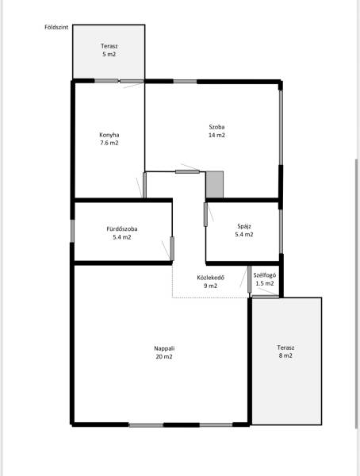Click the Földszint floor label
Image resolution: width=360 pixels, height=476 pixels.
tap(56, 27)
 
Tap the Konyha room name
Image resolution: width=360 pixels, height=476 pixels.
tap(109, 135)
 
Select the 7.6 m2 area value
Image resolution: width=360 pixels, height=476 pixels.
tap(109, 143)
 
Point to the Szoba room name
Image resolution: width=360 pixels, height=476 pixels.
tap(216, 127)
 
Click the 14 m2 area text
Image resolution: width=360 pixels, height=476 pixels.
tap(216, 135)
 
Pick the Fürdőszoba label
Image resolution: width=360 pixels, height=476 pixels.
tap(122, 229)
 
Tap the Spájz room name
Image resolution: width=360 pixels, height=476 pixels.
tap(244, 226)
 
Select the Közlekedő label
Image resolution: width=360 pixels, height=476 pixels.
tap(211, 278)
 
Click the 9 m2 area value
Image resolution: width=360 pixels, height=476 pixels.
tap(211, 286)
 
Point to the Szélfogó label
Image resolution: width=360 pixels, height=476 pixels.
tap(265, 275)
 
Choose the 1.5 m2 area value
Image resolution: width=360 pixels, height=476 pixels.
tap(265, 283)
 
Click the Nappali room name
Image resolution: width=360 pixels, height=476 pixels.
tap(164, 348)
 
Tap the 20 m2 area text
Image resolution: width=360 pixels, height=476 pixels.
tap(164, 357)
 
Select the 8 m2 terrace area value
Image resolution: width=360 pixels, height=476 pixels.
tap(285, 355)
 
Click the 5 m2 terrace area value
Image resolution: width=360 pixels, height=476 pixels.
tap(109, 54)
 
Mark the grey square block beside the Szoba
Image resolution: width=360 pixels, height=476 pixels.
tap(215, 185)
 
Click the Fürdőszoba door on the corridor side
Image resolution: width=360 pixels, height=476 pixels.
tap(172, 248)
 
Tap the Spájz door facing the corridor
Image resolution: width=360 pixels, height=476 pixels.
tap(205, 215)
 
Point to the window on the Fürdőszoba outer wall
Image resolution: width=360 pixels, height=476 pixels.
tap(72, 231)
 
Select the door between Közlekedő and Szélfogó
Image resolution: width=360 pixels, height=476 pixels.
tap(250, 279)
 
